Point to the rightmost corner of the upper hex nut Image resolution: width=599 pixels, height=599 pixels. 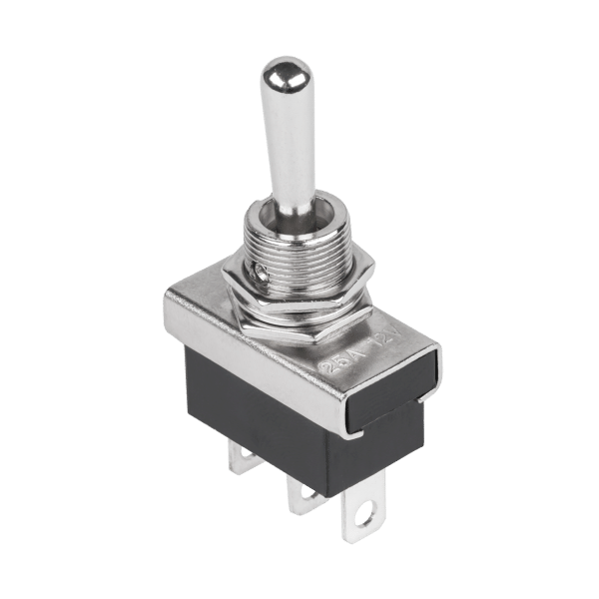pos(375,269)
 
